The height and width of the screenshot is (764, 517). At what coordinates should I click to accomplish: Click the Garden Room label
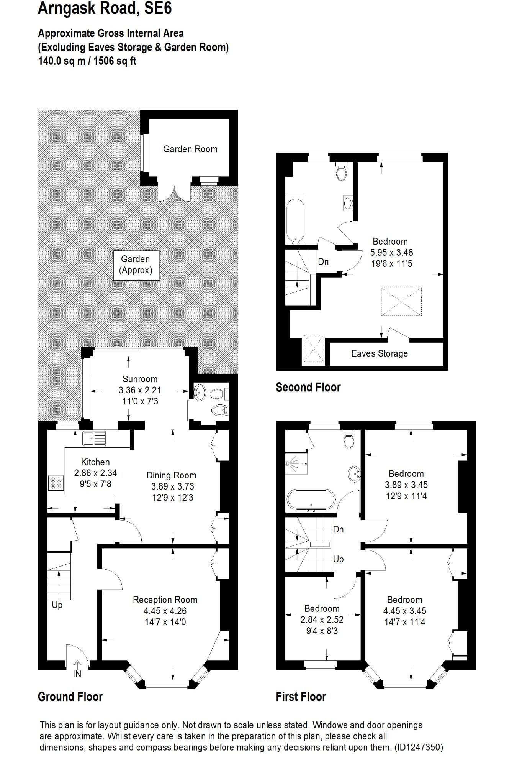point(190,149)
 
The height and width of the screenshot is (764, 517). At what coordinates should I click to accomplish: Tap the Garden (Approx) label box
point(136,265)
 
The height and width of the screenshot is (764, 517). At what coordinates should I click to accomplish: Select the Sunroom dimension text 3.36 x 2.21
point(140,390)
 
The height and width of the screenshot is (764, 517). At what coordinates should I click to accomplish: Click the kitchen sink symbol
point(94,439)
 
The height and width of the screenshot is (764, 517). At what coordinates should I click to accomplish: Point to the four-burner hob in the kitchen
point(56,483)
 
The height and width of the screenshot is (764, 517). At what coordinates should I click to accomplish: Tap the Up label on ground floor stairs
point(57,605)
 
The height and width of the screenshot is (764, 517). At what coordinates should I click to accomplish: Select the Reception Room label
point(165,600)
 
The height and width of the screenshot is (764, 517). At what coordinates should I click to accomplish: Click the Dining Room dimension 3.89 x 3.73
point(172,486)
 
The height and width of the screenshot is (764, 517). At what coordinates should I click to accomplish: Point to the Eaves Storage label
point(379,353)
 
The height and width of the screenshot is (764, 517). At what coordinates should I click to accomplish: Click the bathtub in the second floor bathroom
point(295,220)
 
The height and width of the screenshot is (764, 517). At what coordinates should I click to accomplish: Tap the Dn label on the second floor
point(323,262)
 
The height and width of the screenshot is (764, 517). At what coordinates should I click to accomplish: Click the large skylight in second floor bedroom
point(401,302)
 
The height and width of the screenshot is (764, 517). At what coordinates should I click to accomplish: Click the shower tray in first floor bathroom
point(296,463)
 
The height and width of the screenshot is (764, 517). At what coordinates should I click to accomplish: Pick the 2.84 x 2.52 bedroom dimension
point(322,619)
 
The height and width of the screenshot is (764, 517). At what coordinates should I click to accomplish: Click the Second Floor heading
point(308,387)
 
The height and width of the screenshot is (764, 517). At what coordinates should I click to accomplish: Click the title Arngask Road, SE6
point(105,8)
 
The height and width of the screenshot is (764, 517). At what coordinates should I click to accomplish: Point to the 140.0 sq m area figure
point(61,61)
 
